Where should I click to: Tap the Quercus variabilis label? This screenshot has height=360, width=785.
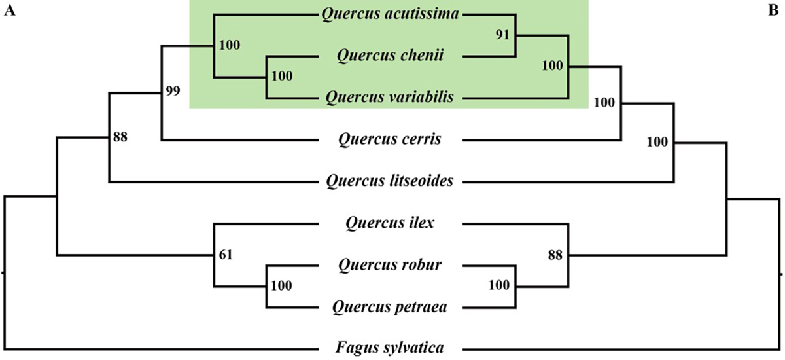coord(392,98)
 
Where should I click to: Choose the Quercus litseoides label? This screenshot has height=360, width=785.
coord(392,181)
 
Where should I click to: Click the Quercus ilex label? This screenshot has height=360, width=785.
coord(392,224)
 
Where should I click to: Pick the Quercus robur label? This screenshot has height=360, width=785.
coord(391,265)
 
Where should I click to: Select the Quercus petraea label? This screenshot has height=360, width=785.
coord(391,306)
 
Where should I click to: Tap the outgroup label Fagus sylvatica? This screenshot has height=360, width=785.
coord(392,348)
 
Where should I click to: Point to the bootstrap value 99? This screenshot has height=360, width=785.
coord(172,91)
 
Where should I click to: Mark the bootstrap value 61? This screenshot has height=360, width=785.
coord(224,254)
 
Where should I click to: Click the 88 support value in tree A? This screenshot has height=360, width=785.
coord(120,137)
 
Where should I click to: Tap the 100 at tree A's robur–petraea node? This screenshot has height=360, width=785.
coord(281,285)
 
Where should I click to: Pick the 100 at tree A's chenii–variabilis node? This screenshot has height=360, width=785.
coord(281,77)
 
